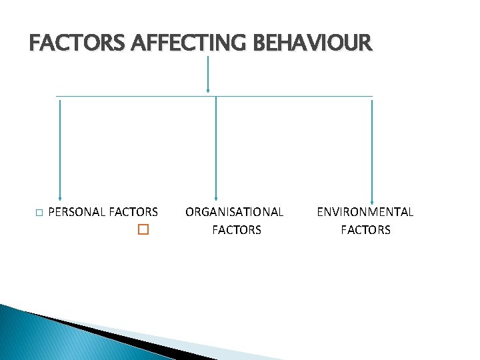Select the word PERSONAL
pos(77,212)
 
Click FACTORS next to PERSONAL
pos(133,212)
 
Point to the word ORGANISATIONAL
pos(234,212)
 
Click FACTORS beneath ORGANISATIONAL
pos(236,230)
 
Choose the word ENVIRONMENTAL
pos(365,212)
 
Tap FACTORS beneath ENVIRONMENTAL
pos(365,230)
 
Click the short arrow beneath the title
pos(209,73)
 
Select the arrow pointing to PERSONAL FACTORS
pos(60,147)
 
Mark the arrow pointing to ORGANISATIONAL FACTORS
pos(215,147)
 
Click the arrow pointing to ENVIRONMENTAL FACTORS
pos(372,147)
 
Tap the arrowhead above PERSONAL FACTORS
pos(60,196)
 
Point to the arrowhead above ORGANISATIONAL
pos(215,197)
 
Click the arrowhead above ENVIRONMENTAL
pos(372,197)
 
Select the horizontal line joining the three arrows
pos(213,96)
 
